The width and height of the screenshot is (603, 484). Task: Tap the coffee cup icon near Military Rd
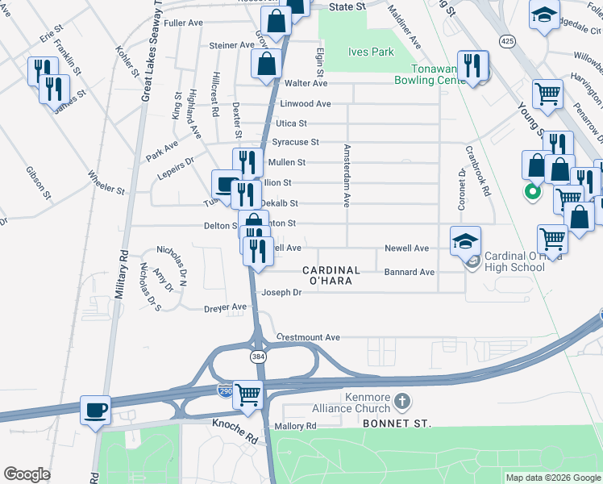pos(96,410)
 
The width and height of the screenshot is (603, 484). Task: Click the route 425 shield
pos(507,40)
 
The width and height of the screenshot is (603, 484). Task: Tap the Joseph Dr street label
pos(281,293)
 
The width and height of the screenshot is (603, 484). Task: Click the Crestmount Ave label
pos(309,336)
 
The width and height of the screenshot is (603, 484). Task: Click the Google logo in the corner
pos(27,474)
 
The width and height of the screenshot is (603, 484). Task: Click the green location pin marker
pos(531,192)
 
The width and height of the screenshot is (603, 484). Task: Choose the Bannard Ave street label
pos(409,272)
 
